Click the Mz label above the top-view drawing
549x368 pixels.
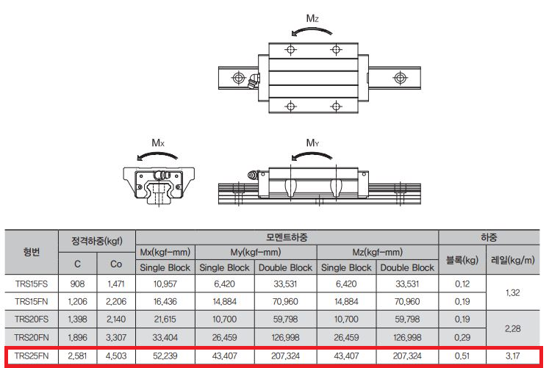pyautogui.click(x=312, y=18)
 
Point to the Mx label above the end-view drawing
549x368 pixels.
pyautogui.click(x=158, y=142)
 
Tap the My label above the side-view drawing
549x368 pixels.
pyautogui.click(x=312, y=142)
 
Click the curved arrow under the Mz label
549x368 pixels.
pyautogui.click(x=312, y=29)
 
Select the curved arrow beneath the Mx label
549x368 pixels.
pyautogui.click(x=157, y=154)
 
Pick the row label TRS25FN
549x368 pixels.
pyautogui.click(x=32, y=356)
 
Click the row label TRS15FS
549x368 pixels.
pyautogui.click(x=32, y=284)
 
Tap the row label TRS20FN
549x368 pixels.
pyautogui.click(x=32, y=337)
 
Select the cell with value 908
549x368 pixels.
pyautogui.click(x=77, y=284)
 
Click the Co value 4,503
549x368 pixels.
pyautogui.click(x=116, y=356)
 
